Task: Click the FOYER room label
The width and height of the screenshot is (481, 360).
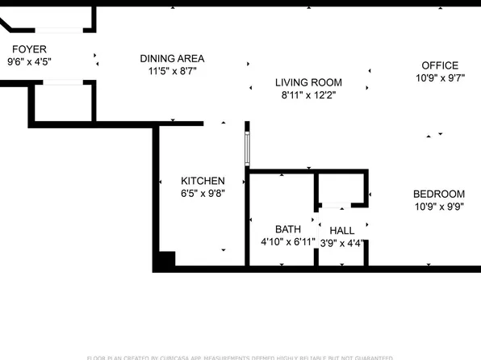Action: point(28,49)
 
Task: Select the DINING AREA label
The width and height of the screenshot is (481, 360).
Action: point(172,58)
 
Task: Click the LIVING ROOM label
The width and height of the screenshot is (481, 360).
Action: point(308,82)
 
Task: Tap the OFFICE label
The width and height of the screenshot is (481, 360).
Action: point(440,65)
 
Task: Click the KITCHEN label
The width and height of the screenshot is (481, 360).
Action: point(203,181)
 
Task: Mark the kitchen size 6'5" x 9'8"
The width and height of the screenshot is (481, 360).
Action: point(202,194)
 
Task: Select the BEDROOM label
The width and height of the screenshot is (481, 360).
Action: point(439,194)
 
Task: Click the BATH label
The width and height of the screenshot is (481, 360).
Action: point(287,229)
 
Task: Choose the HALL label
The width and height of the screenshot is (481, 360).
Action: point(341,231)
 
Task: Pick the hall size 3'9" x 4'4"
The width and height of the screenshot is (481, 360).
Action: point(342,243)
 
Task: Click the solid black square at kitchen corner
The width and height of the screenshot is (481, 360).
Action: point(165,261)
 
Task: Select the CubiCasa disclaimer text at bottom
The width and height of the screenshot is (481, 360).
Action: point(240,357)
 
